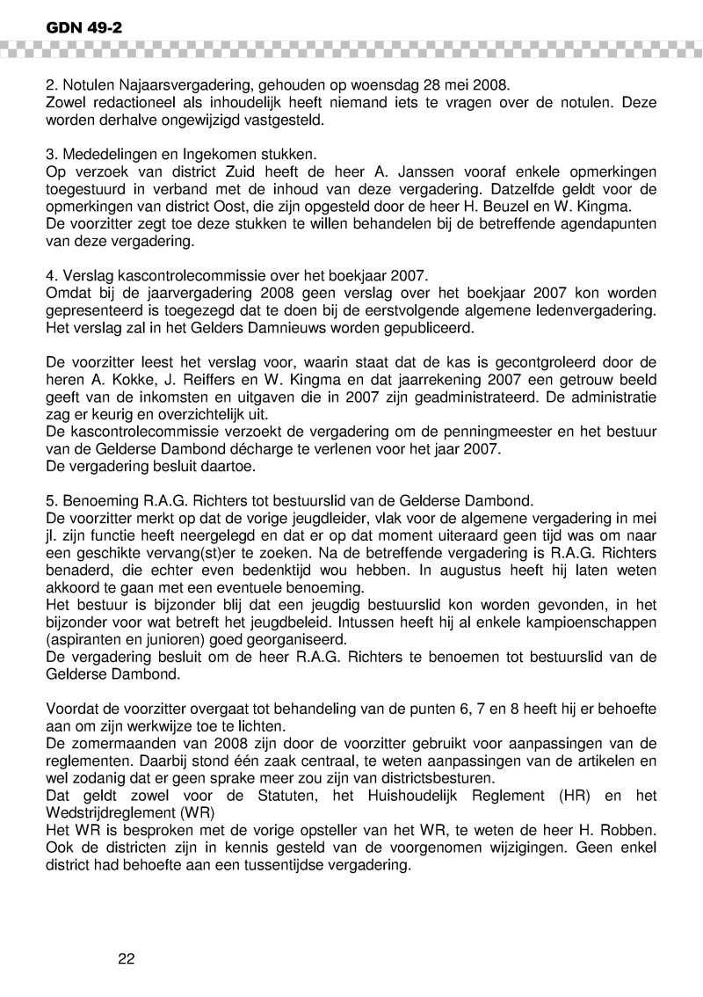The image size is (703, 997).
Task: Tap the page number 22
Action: point(126,958)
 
